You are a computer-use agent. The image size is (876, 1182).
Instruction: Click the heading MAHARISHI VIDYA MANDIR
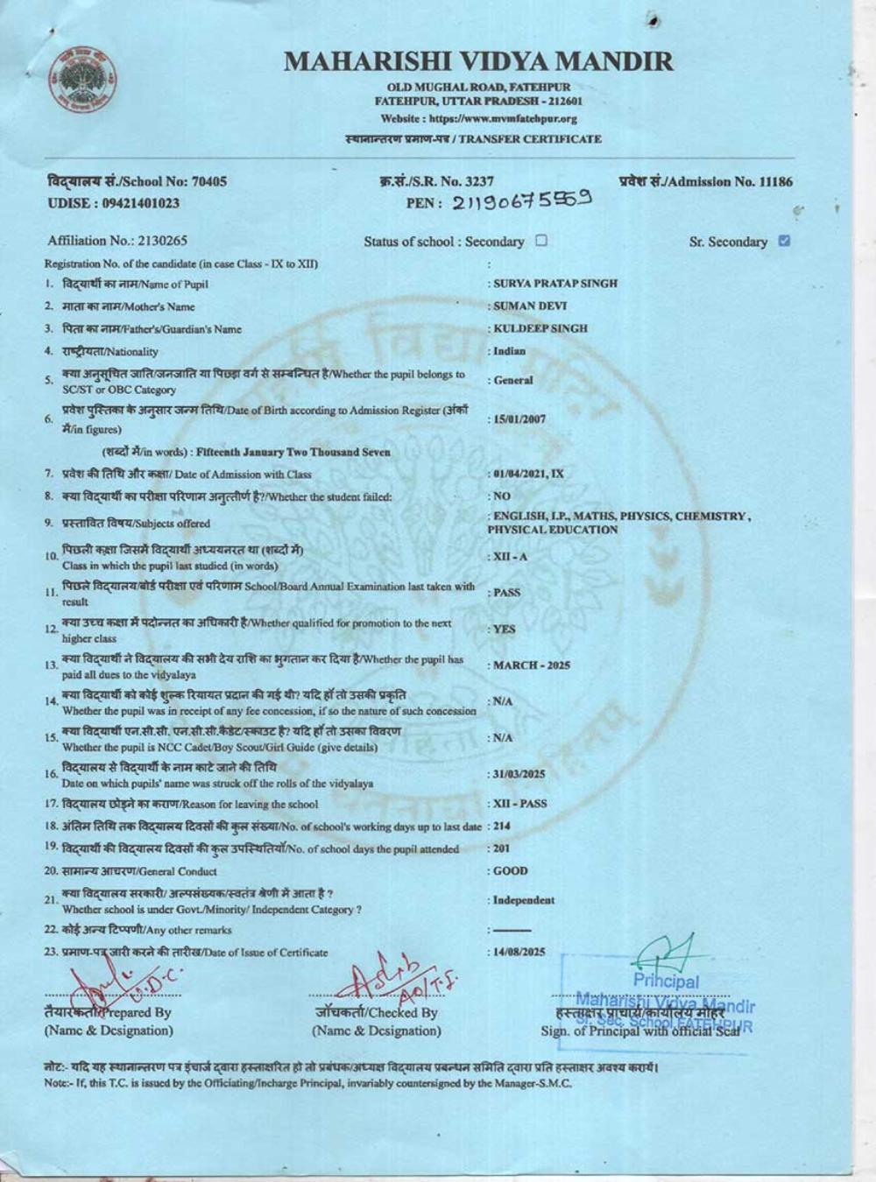coord(478,61)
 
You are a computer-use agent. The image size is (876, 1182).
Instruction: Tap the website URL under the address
coord(478,118)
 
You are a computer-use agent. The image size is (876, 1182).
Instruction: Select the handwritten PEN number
coord(523,201)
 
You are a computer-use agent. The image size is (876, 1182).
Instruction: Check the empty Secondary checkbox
coord(541,241)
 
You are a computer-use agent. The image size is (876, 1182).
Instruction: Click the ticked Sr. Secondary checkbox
coord(784,241)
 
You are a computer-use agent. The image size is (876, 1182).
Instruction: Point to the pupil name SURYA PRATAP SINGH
coord(555,284)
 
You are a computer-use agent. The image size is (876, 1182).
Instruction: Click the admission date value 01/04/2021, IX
coord(528,474)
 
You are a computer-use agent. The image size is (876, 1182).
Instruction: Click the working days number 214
coord(501,826)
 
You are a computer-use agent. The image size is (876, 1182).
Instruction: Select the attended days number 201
coord(501,848)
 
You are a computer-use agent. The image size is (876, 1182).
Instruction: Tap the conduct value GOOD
coord(511,871)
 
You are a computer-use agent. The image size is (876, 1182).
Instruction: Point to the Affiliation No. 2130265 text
coord(117,241)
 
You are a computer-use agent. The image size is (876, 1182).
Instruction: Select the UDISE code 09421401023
coord(113,203)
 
